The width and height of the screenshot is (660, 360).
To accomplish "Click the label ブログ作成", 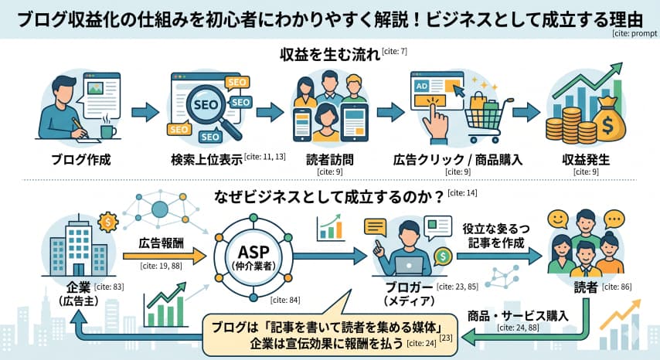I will pos(80,161).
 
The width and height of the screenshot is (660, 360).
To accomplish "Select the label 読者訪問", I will pos(330,161).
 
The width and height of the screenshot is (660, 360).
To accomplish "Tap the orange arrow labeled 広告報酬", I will pos(163,254).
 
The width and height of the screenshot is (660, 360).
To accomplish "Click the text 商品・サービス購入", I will pos(519,316).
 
